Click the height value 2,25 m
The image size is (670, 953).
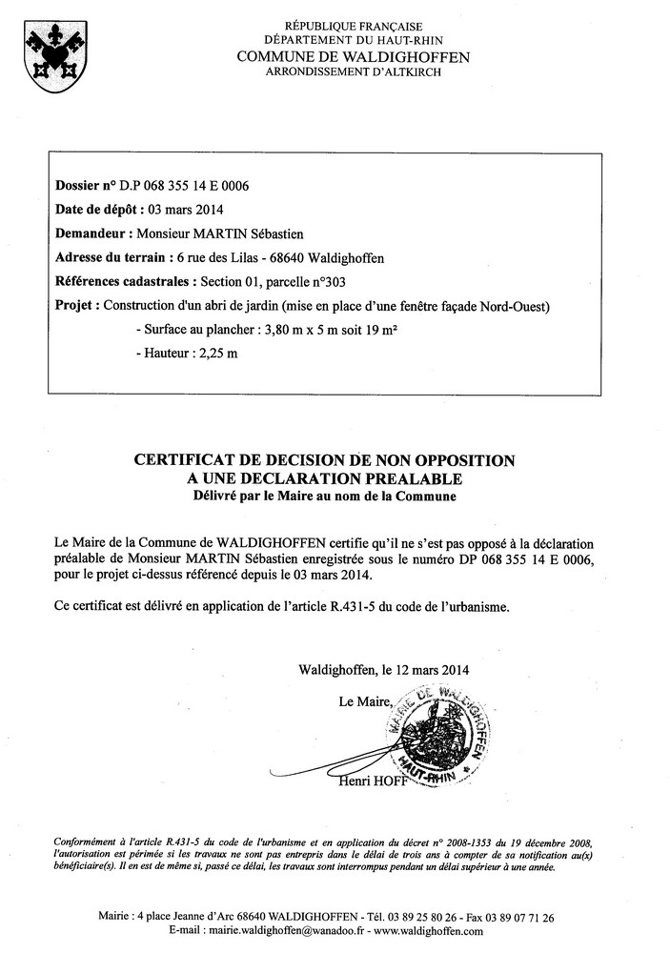tap(216, 354)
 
